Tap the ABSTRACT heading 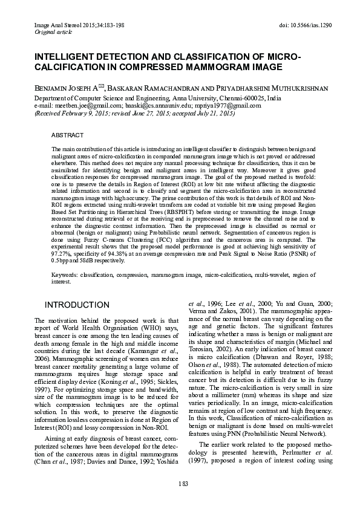[x=67, y=136]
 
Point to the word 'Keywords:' [x=64, y=274]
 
